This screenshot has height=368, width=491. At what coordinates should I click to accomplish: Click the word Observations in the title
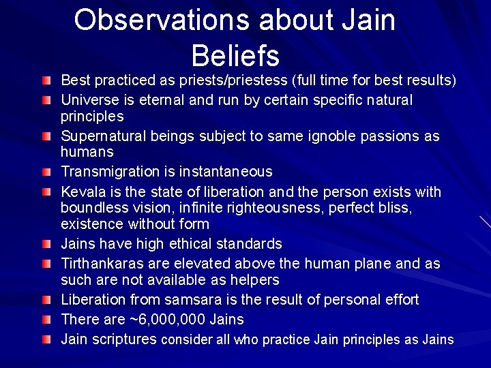tap(161, 20)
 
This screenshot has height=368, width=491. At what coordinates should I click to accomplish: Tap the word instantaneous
tap(228, 172)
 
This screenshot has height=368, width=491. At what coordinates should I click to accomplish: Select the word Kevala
tap(81, 192)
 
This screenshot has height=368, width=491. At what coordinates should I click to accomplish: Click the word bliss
tap(397, 208)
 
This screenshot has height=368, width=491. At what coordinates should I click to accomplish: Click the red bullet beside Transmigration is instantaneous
tap(46, 172)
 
